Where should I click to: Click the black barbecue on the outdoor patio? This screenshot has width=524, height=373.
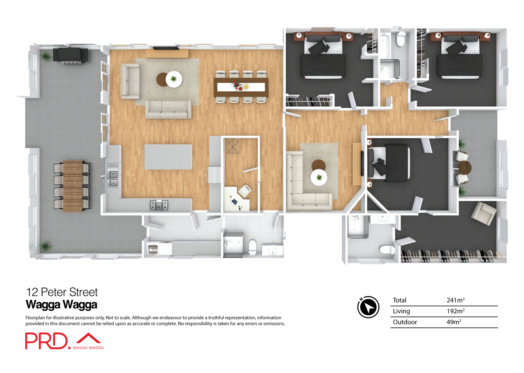point(70,55)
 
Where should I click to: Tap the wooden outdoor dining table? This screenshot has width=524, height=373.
point(73,186)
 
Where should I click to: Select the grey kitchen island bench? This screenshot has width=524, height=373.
point(168,157)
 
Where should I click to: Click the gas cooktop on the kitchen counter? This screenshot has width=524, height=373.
point(159,205)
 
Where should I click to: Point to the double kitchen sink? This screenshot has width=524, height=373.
point(113,178)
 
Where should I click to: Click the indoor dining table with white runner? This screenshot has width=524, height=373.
point(241,87)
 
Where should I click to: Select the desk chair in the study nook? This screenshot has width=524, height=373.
point(245,190)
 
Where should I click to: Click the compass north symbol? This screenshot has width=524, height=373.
point(368,307)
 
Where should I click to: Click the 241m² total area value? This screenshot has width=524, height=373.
point(455,300)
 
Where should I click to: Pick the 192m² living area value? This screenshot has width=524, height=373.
point(455,311)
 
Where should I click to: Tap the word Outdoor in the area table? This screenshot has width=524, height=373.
point(405,322)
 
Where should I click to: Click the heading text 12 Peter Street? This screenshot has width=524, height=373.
point(62,292)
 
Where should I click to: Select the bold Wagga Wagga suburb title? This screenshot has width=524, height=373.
point(61,304)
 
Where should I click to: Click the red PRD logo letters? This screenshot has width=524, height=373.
point(46,341)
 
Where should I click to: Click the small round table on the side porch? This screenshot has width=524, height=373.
point(464,168)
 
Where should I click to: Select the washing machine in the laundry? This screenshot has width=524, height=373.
point(153,249)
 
